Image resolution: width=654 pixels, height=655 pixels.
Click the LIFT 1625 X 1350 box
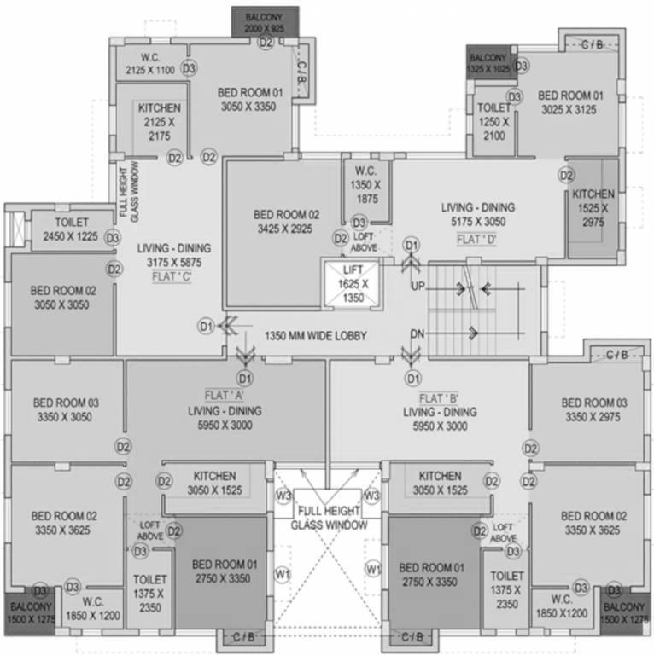353,282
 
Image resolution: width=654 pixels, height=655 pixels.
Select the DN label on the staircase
418,333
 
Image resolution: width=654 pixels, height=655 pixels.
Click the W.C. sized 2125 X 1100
149,64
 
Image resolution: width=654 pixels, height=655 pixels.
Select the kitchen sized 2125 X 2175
159,122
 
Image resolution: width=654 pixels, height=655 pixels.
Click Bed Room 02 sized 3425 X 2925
286,223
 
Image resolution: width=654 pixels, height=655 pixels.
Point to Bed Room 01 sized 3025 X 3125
570,102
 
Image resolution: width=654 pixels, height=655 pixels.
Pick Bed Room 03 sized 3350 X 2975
593,409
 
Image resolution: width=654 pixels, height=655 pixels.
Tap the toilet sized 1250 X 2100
493,122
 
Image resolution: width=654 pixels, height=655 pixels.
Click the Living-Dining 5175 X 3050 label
477,214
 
